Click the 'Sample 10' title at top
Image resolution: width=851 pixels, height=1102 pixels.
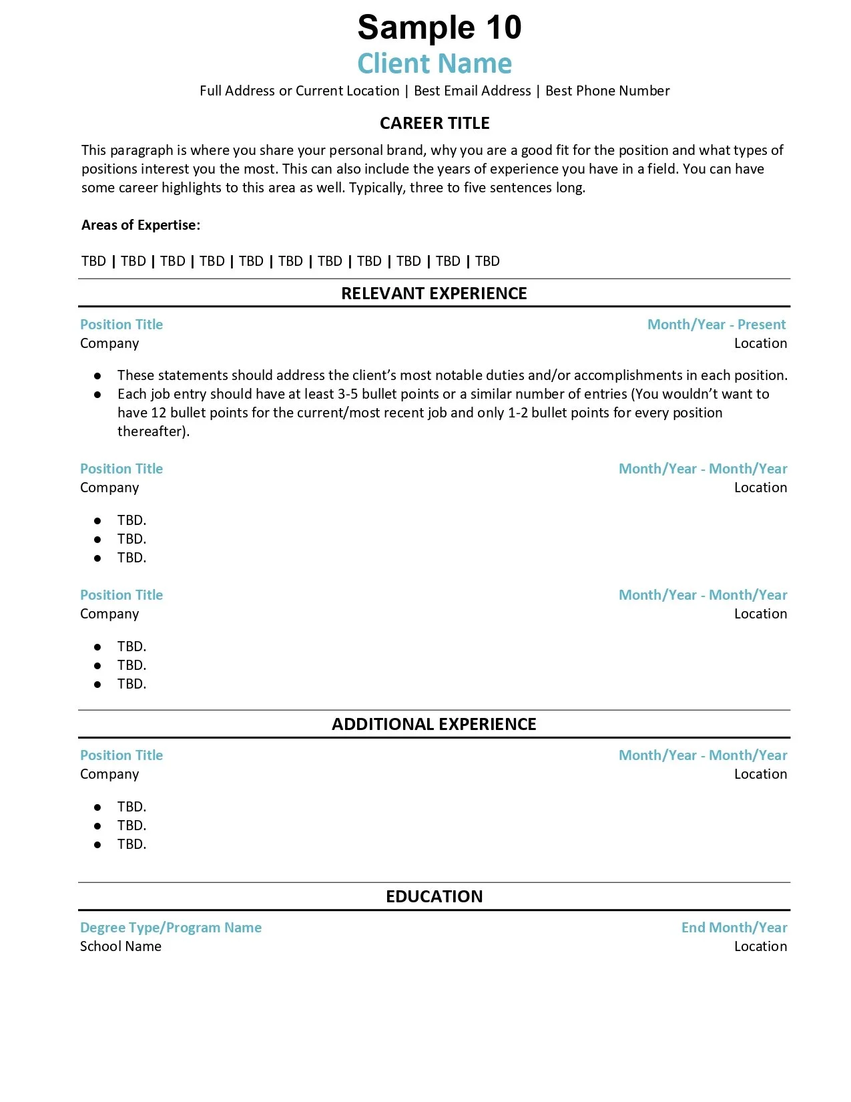[439, 28]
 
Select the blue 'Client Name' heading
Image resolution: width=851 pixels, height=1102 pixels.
[435, 63]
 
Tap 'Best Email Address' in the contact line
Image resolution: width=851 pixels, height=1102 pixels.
[472, 91]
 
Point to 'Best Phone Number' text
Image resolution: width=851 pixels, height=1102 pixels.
[607, 91]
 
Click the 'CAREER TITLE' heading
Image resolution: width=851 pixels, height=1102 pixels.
[435, 124]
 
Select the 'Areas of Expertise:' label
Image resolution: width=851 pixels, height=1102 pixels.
[141, 225]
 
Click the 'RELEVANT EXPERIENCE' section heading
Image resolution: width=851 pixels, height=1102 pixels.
[434, 294]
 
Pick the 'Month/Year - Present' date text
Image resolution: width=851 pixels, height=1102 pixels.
[716, 325]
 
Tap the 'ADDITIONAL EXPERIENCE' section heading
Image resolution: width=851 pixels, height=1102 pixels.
[434, 725]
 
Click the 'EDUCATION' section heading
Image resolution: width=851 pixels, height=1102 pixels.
[434, 897]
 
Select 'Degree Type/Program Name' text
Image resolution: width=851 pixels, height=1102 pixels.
[171, 928]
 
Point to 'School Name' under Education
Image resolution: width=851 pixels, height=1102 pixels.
[121, 946]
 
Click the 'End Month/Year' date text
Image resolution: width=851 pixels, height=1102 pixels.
[734, 928]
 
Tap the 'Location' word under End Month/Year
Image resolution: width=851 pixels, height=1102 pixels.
[760, 946]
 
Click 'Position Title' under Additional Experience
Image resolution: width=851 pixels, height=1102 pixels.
[121, 755]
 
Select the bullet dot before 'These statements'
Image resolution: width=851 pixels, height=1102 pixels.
[97, 376]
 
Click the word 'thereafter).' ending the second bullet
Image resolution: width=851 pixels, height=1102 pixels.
[154, 431]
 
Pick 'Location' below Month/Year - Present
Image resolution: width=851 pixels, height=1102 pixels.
[760, 343]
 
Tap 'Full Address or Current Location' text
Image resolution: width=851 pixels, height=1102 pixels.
[299, 91]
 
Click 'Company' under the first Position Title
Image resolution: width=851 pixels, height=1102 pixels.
[109, 343]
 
